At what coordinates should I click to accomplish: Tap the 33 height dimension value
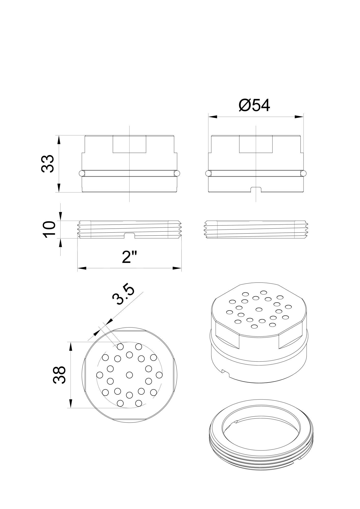[48, 164]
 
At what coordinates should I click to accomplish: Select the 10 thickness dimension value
[49, 229]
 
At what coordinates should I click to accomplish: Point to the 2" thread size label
[130, 257]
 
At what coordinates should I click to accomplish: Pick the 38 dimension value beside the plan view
[59, 375]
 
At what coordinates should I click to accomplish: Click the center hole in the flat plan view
[130, 375]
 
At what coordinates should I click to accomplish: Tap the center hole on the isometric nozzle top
[259, 309]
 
